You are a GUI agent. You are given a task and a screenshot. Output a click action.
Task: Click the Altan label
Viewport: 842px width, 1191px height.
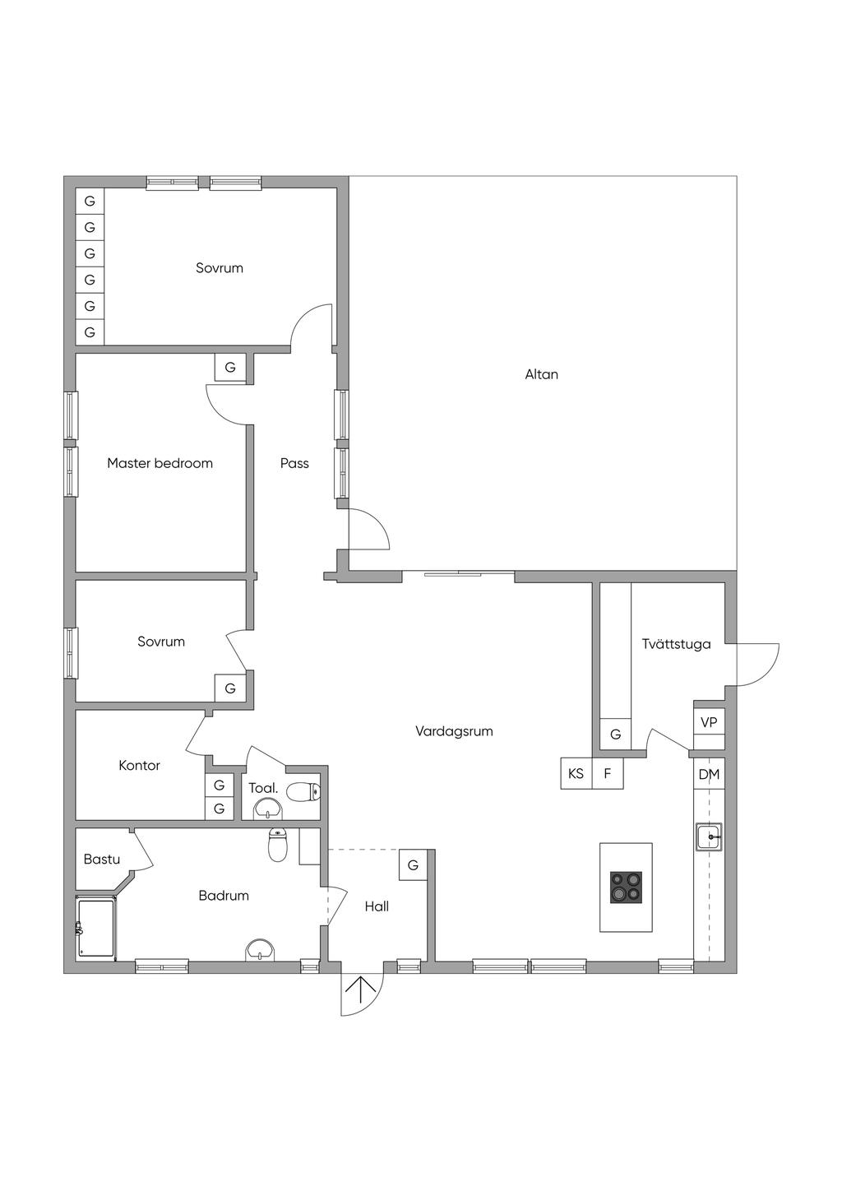(x=541, y=374)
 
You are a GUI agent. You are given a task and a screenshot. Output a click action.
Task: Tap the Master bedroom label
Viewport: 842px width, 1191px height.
(x=160, y=463)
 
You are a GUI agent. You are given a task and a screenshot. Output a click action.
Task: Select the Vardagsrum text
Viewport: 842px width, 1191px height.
(x=454, y=731)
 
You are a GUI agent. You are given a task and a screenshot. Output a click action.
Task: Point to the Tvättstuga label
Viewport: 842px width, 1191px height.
(x=676, y=644)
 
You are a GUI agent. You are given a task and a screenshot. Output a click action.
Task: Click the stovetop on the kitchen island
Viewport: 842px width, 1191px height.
(x=627, y=887)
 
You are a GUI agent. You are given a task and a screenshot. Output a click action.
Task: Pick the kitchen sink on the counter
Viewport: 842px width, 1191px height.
(x=709, y=837)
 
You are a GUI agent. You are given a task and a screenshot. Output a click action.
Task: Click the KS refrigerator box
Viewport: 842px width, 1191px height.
(x=576, y=773)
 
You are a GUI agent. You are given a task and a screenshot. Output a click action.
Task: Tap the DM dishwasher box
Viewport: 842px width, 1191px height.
(x=709, y=774)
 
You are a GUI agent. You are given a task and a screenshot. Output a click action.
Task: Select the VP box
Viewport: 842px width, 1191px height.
(x=709, y=722)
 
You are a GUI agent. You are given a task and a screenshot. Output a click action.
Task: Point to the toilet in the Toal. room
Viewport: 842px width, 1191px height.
(x=303, y=792)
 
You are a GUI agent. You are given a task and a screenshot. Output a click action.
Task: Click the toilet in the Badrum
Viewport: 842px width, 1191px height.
(x=277, y=845)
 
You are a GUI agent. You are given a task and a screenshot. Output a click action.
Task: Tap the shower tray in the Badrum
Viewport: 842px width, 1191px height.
(x=96, y=927)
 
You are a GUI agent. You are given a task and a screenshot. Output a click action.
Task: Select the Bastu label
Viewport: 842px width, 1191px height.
(x=102, y=859)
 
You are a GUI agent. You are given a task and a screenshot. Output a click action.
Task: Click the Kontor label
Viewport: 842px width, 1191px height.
(x=139, y=765)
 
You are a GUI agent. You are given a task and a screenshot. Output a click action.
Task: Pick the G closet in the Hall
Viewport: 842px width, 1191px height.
(x=413, y=865)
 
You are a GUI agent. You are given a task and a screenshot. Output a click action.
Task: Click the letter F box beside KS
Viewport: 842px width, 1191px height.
(x=608, y=773)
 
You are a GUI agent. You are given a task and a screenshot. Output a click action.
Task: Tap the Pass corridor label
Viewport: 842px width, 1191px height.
(x=294, y=463)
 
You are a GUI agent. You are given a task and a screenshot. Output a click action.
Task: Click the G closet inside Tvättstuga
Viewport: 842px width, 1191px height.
(x=616, y=735)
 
